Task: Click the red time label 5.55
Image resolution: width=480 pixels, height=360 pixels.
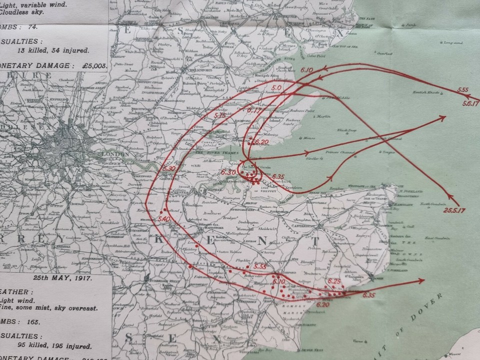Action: pos(462,90)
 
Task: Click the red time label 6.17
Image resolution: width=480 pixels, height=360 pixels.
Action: pos(255,109)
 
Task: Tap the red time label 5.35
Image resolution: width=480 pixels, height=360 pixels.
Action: pos(259,267)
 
